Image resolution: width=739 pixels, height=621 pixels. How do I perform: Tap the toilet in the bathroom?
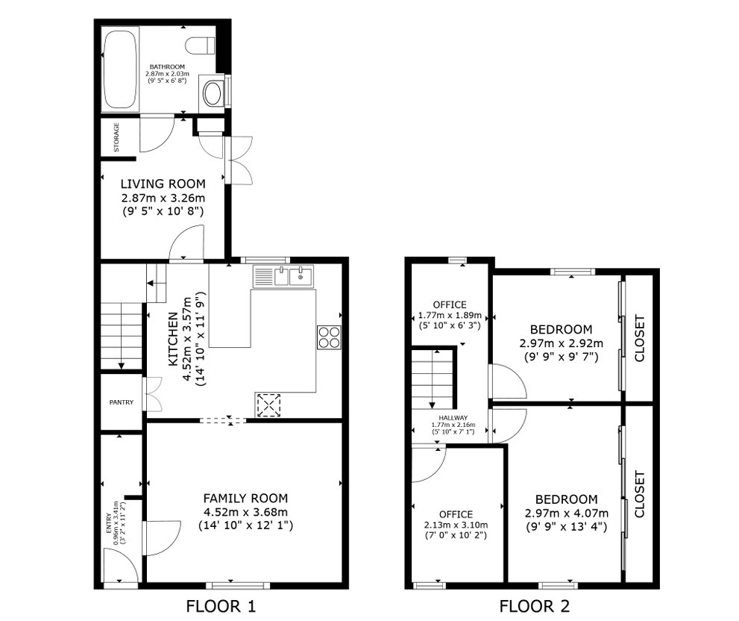[202, 44]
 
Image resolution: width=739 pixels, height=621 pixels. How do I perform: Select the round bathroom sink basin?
[213, 93]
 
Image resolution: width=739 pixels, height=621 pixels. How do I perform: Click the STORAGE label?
[116, 138]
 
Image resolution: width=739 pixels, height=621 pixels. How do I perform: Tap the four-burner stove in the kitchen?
[329, 337]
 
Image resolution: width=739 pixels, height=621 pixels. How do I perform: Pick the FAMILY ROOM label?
[245, 498]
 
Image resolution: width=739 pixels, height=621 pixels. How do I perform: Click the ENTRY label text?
[107, 522]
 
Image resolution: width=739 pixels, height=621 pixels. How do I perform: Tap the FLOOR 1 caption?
[220, 605]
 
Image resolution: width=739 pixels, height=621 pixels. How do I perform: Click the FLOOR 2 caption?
[534, 605]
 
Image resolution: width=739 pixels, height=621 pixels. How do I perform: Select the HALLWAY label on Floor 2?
[453, 418]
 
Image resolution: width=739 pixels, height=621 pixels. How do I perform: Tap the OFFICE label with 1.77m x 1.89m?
[450, 305]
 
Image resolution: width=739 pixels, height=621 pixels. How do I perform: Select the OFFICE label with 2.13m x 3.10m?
[456, 514]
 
